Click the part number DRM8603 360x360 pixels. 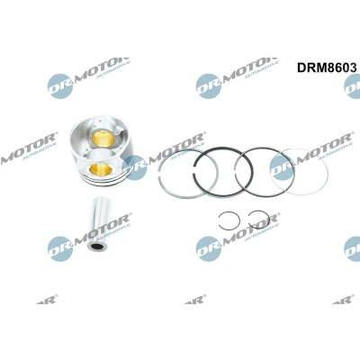click(x=327, y=67)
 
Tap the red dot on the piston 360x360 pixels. click(x=99, y=121)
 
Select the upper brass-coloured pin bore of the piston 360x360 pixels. click(x=103, y=139)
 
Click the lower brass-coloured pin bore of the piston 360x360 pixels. click(x=101, y=170)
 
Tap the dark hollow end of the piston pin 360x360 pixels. click(x=96, y=247)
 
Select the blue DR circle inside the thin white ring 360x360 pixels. click(x=282, y=167)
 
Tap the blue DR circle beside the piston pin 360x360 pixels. click(x=60, y=248)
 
